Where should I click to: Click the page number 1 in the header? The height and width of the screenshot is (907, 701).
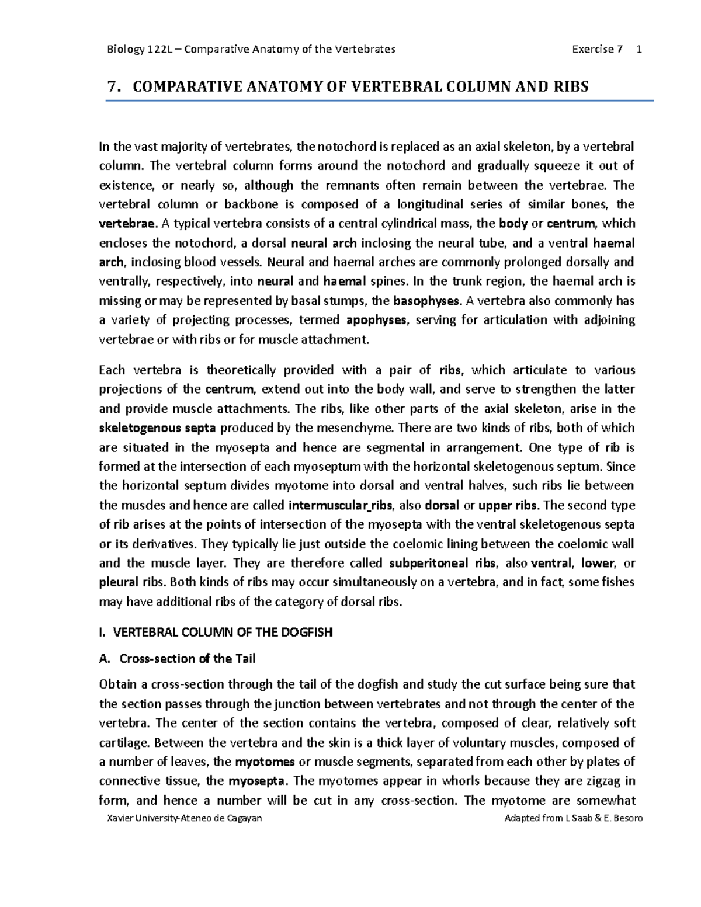(640, 49)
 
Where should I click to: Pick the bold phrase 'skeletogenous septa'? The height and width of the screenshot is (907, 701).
(158, 428)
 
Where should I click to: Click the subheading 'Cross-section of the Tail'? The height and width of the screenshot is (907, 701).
(187, 659)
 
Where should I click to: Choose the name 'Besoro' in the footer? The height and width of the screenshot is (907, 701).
(626, 818)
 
